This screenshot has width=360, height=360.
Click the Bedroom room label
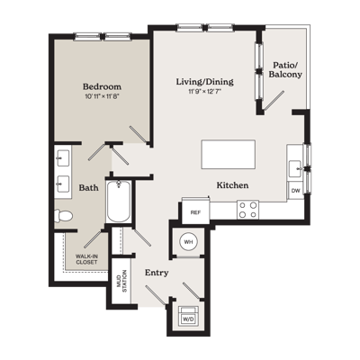tap(102, 86)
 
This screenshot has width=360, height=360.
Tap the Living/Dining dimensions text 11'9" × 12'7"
tap(205, 92)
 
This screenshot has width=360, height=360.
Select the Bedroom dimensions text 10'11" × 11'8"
tap(103, 96)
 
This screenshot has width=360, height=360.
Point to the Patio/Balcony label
tap(285, 69)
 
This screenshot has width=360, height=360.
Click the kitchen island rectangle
tap(229, 154)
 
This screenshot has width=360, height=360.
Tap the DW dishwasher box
tap(295, 191)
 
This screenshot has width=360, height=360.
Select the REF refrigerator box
tap(195, 212)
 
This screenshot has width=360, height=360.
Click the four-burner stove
tap(247, 210)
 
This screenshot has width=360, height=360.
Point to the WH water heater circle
tap(188, 242)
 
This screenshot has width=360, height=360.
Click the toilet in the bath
tap(63, 216)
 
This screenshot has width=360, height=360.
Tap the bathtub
tap(119, 201)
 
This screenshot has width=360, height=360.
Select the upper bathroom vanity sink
tap(63, 157)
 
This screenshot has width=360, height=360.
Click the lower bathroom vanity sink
tap(63, 183)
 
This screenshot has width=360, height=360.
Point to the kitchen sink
tap(295, 169)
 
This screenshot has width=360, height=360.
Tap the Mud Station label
tap(121, 282)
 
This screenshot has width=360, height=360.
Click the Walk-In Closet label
tap(86, 259)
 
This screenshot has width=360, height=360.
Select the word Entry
tap(157, 273)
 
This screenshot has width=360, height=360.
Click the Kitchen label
tap(232, 185)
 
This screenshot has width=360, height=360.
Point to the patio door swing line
tap(274, 100)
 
